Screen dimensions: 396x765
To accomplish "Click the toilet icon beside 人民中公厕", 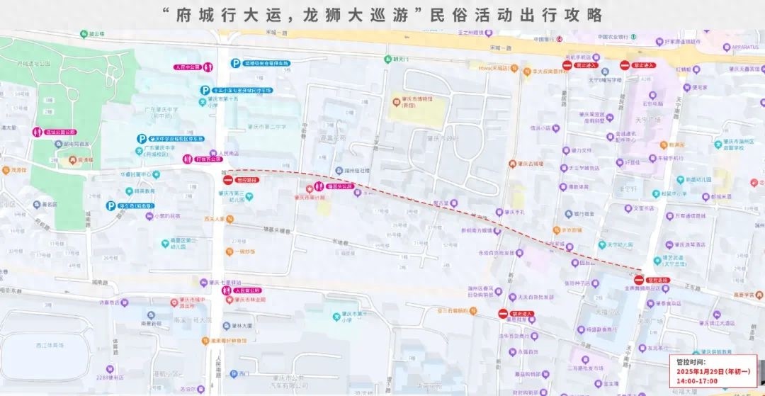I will coord(208,68).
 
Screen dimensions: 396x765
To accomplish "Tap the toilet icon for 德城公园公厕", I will coord(37,132).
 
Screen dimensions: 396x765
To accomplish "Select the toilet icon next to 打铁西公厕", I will coord(188,159).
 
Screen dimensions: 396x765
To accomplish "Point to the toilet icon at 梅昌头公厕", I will coord(310,187).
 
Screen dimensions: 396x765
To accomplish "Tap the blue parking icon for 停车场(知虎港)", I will coord(110,206).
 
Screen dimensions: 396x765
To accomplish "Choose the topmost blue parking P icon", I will coord(235,64).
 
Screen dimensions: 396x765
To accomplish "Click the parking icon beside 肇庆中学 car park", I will coord(142,140).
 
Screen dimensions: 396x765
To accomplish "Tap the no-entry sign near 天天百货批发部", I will coord(503,313).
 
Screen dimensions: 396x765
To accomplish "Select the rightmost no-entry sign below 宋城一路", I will coord(625,65).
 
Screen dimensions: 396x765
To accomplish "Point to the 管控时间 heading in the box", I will coord(691,362).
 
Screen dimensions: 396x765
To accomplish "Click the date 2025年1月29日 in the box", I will coord(701,372).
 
